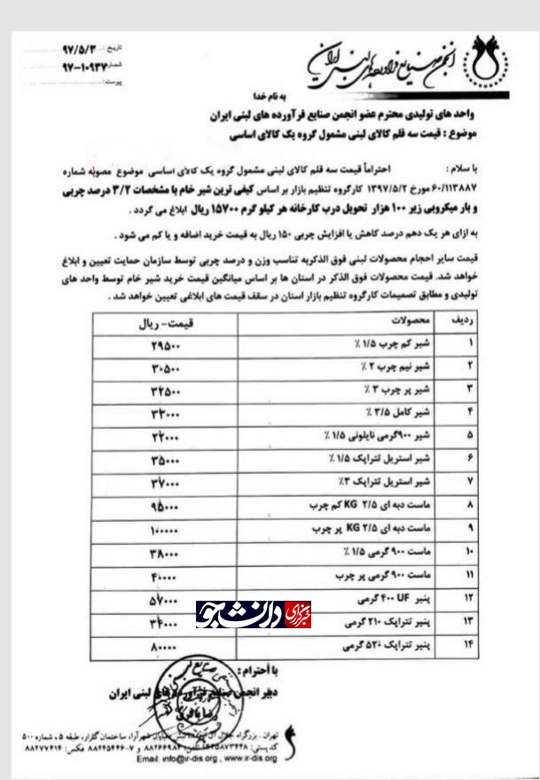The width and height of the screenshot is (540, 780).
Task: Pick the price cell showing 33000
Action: pos(166,412)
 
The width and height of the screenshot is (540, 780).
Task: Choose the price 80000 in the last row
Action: pos(166,650)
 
